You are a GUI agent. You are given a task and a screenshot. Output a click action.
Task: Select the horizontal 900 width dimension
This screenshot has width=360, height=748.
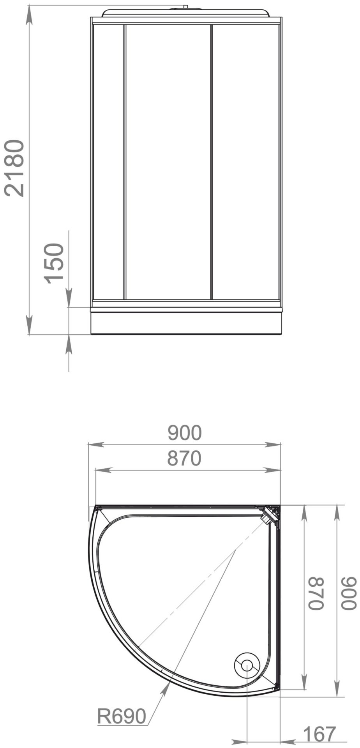[x=185, y=432]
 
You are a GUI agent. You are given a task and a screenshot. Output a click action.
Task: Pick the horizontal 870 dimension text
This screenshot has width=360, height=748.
[x=184, y=458]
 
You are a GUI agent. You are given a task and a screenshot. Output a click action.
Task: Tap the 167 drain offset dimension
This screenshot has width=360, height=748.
[x=319, y=734]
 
